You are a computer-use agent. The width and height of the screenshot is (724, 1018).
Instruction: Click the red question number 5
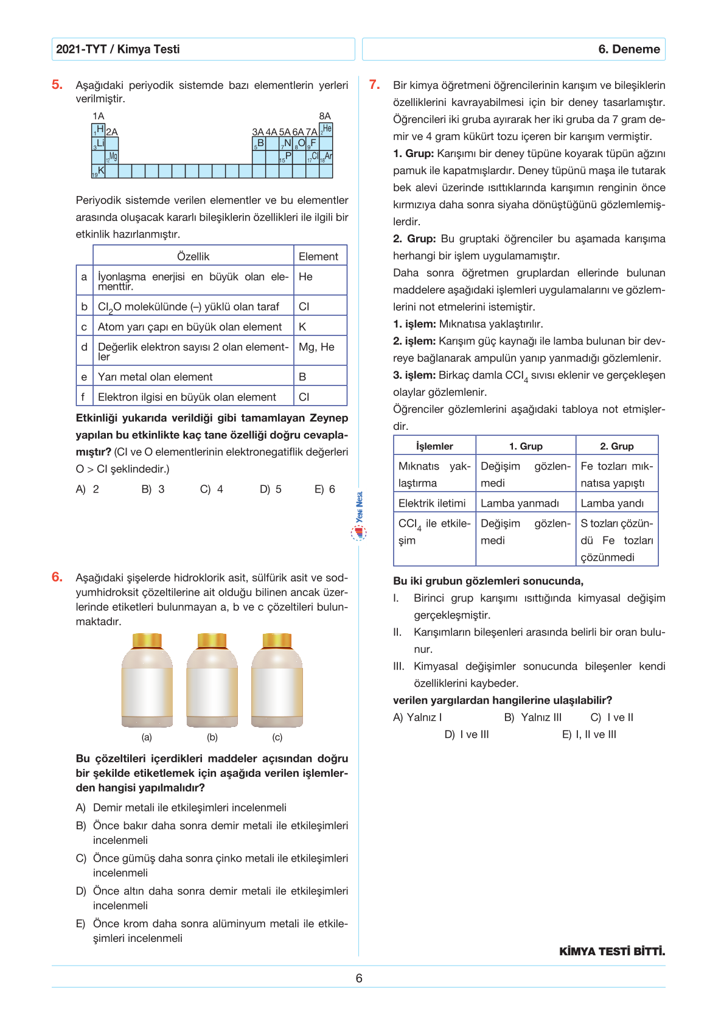click(57, 85)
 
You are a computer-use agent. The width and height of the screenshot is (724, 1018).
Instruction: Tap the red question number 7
click(375, 85)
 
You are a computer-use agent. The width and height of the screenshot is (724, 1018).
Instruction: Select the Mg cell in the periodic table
click(112, 157)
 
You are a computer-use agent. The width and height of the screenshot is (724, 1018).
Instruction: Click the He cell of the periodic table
click(327, 129)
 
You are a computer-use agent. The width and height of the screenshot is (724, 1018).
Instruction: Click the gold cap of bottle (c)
click(277, 641)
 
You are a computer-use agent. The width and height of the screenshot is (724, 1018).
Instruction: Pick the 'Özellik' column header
click(193, 256)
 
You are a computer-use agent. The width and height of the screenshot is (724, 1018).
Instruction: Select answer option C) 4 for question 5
click(212, 489)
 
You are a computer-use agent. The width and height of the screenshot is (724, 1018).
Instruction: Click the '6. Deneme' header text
click(629, 49)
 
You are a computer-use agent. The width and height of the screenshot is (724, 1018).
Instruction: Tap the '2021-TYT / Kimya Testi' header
click(118, 49)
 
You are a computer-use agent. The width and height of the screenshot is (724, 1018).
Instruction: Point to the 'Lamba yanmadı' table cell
click(520, 503)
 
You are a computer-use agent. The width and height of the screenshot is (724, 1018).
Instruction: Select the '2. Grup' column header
click(616, 446)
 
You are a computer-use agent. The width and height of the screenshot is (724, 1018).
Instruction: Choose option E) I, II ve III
click(589, 734)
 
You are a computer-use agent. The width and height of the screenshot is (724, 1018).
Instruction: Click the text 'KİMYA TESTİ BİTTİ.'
click(612, 951)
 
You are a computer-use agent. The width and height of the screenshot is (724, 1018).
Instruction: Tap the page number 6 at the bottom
click(359, 978)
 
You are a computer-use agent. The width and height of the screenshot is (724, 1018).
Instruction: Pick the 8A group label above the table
click(325, 116)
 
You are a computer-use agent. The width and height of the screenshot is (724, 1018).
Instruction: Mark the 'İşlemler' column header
click(434, 446)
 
